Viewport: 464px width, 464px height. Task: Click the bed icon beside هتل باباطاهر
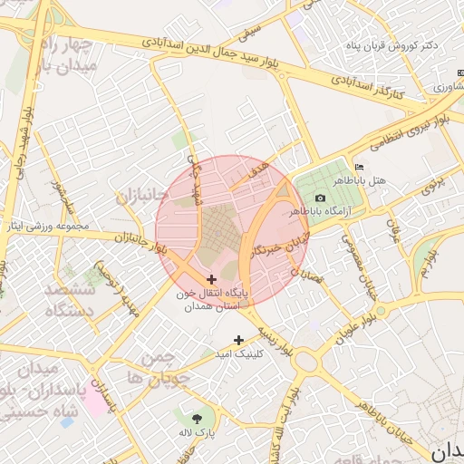coord(360,168)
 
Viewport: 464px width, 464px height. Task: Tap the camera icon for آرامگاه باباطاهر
coord(320,198)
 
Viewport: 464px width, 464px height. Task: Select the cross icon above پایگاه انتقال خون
coord(212,280)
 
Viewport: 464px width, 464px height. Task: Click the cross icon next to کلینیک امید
coord(238,341)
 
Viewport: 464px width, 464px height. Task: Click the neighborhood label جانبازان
coord(140,195)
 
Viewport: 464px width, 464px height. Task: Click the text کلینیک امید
coord(261,354)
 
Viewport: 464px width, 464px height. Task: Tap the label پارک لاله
coord(198,433)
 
